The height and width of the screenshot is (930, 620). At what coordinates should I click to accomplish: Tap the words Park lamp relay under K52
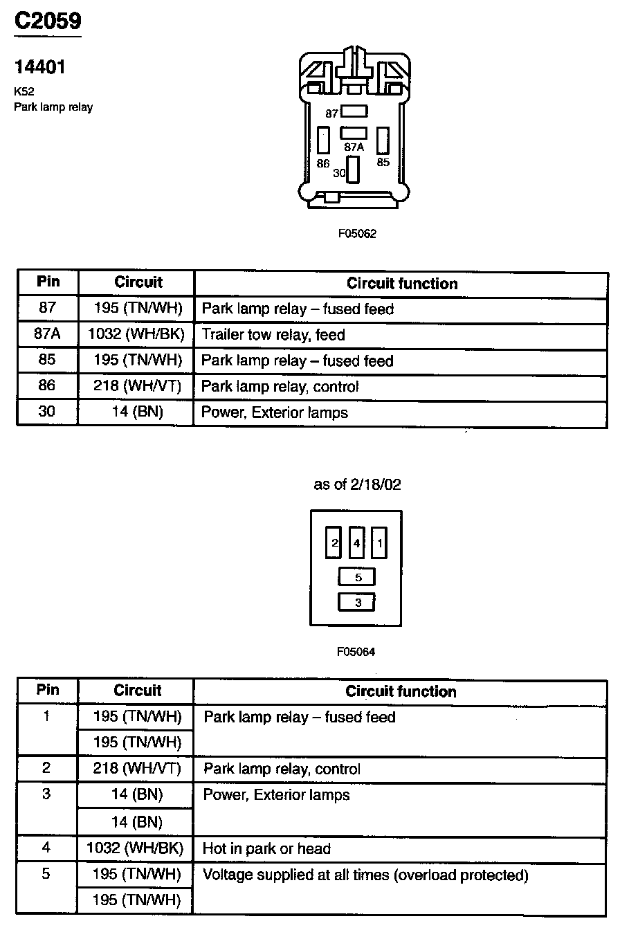coord(53,107)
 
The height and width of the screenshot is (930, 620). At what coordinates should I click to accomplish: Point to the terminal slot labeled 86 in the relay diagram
coord(322,140)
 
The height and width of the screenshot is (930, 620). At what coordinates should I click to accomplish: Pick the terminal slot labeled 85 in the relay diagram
coord(383,140)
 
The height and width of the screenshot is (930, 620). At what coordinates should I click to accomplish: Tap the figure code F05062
coord(356,234)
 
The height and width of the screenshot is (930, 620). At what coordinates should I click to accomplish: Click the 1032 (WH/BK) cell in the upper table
coord(136,335)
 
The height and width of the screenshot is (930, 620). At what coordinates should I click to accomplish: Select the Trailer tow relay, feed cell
coord(273,336)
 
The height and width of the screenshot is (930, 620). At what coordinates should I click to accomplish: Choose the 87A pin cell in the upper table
coord(48,335)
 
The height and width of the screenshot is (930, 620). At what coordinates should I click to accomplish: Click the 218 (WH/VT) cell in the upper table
coord(136,387)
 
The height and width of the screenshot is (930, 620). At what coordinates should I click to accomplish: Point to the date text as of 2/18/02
coord(357,485)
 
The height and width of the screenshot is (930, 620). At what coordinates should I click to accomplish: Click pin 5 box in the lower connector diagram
coord(356,577)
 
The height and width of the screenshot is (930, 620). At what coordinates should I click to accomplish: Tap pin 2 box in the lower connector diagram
coord(334,543)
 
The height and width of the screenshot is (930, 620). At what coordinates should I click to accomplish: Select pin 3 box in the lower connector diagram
coord(356,603)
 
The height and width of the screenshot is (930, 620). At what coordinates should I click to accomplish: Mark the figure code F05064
coord(356,652)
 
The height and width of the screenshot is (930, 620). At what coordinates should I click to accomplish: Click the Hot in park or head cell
coord(266,848)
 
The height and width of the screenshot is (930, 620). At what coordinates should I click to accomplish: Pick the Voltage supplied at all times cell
coord(365,875)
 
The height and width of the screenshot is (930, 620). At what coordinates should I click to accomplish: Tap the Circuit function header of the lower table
coord(401,691)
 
